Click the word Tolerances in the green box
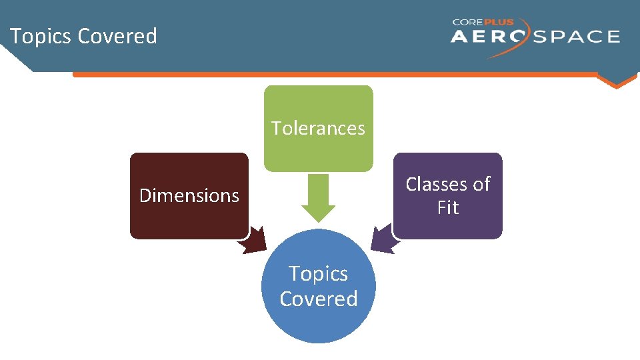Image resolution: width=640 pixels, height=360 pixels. [318, 128]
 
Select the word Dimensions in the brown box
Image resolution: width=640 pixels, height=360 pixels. [189, 195]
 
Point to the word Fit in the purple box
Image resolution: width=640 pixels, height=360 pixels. [448, 208]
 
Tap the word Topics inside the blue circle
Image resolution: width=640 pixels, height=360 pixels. [318, 273]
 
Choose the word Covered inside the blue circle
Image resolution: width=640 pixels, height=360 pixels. [318, 299]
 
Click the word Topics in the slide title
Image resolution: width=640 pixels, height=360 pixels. [41, 36]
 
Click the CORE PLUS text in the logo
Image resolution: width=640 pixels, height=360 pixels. [483, 21]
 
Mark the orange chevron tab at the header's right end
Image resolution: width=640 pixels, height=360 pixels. [617, 81]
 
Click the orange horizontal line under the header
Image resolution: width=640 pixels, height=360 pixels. [333, 75]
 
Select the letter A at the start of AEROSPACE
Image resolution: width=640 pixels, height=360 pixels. [460, 37]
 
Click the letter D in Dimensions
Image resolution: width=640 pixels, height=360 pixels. [145, 195]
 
